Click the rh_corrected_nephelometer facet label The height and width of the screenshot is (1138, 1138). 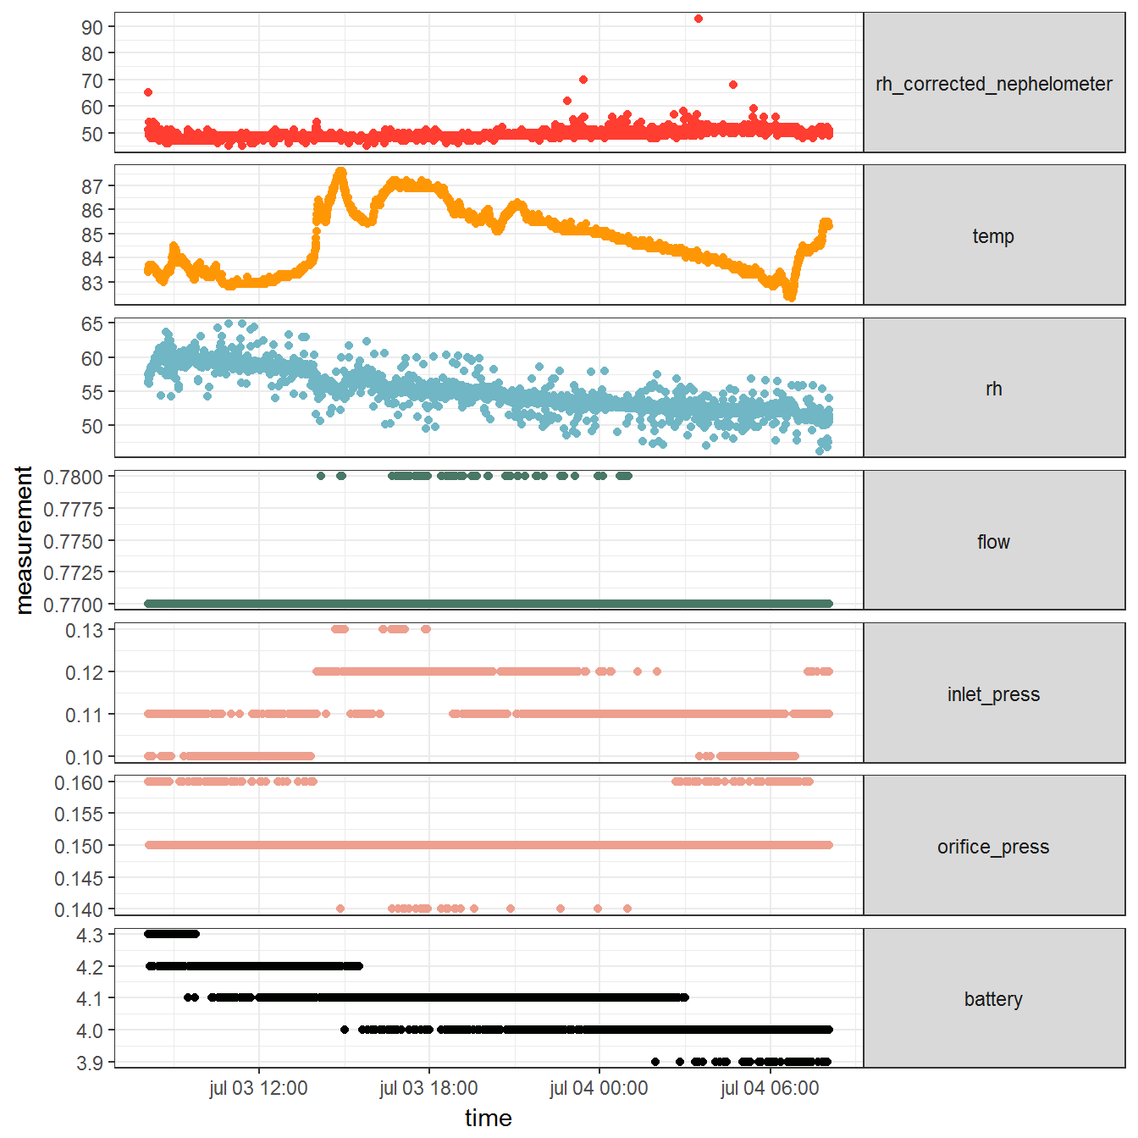(x=993, y=84)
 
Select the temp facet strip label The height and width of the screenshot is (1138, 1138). (x=993, y=236)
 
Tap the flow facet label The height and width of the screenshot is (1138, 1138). (x=993, y=542)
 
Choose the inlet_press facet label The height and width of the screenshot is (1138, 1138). (x=993, y=694)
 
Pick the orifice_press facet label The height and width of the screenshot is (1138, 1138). (x=993, y=847)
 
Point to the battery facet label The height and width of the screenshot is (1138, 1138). (x=993, y=999)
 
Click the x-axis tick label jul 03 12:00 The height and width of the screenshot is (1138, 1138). (x=258, y=1088)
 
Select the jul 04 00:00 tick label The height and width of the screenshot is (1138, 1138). (x=599, y=1088)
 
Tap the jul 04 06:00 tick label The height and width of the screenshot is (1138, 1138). (x=770, y=1088)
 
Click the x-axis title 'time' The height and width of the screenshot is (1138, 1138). (x=489, y=1118)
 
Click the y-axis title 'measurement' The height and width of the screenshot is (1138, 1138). (x=24, y=539)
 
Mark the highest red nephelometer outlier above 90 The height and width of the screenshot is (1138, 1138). (x=698, y=19)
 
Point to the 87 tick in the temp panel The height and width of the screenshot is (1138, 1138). (x=91, y=186)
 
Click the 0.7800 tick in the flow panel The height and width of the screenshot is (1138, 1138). (x=74, y=477)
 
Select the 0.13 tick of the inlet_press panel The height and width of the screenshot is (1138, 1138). (x=84, y=630)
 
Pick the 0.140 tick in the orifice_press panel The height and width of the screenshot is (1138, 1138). (x=79, y=909)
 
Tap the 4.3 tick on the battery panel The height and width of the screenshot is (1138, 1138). (x=89, y=935)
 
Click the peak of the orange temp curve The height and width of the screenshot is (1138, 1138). (x=341, y=172)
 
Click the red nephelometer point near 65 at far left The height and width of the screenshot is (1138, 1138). (x=148, y=92)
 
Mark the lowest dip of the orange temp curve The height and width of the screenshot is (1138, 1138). (x=790, y=296)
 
